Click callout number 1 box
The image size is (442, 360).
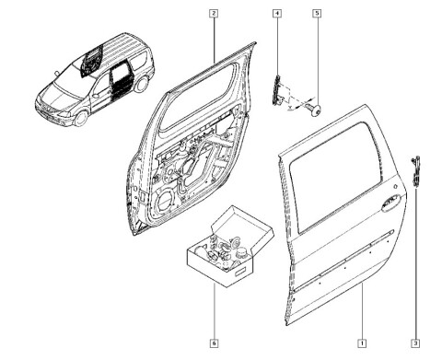362,343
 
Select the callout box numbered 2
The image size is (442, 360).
214,14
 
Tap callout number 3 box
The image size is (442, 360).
415,343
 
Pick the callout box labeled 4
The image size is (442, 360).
277,14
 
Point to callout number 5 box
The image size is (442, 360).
317,14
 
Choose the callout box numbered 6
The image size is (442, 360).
214,343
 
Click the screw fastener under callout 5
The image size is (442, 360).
313,110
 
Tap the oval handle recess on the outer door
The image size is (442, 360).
391,203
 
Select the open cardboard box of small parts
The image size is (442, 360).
230,247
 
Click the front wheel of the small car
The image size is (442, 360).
81,119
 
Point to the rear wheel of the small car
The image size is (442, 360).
142,84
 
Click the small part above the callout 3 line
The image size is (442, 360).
415,171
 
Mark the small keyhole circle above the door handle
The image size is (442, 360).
396,186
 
